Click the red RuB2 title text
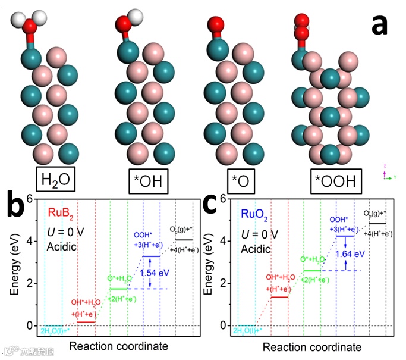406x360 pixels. (x=61, y=212)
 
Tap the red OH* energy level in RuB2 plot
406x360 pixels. (x=86, y=322)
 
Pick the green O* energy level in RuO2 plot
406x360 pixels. (x=312, y=271)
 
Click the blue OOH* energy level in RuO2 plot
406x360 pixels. (x=345, y=236)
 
